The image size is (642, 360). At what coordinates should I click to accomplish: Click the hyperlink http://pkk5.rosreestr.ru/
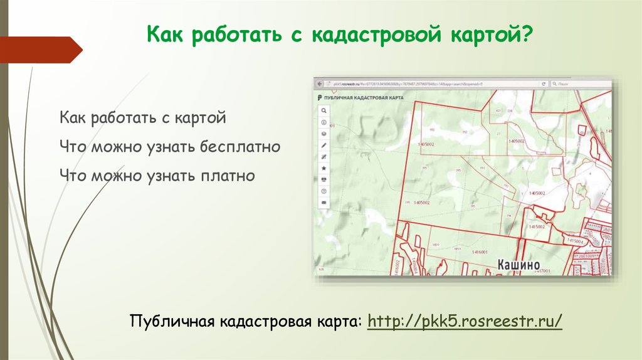(465, 322)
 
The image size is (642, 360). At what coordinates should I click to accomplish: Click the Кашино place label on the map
(518, 265)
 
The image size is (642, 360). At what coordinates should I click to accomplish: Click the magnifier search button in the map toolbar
(324, 110)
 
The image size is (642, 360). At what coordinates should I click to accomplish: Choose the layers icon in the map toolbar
(324, 134)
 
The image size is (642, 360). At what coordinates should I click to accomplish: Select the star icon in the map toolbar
(324, 168)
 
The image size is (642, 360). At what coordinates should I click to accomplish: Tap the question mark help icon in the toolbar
(324, 191)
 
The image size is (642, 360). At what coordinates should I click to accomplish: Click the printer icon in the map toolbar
(324, 179)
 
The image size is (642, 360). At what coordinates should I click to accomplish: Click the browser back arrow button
(320, 83)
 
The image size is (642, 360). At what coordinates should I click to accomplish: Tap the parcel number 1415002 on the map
(538, 226)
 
